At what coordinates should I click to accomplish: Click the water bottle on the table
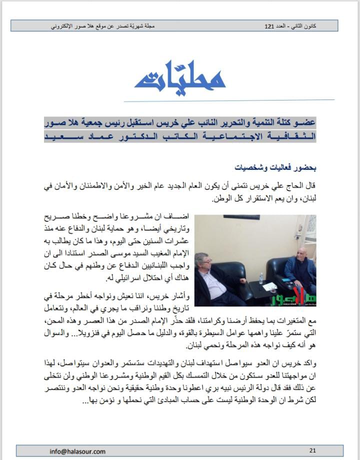tap(260, 278)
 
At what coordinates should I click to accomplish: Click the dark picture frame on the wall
tap(245, 217)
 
